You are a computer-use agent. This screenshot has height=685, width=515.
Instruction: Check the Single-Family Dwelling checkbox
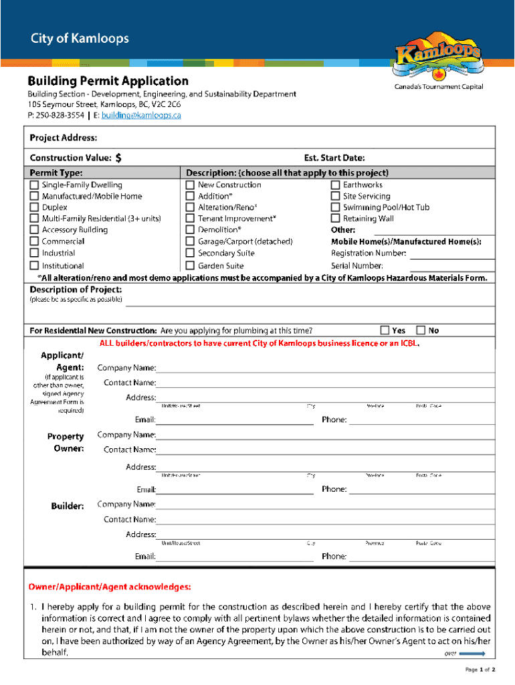[34, 185]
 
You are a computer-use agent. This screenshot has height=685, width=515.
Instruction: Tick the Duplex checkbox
[34, 207]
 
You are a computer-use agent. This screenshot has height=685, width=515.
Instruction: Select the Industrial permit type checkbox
[34, 253]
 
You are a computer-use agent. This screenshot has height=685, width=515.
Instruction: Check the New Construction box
[191, 185]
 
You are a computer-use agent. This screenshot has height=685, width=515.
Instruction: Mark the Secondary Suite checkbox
[191, 253]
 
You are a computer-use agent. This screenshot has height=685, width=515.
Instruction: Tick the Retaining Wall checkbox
[336, 219]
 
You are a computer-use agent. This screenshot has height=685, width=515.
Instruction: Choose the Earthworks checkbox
[336, 185]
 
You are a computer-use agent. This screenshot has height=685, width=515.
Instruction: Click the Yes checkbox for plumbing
[385, 330]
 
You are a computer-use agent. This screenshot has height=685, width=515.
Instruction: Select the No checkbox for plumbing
[421, 330]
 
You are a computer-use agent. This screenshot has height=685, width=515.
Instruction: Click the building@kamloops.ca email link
[136, 116]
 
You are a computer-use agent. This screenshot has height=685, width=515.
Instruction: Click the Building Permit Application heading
[108, 82]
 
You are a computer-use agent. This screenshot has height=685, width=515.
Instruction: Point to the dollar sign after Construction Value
[118, 159]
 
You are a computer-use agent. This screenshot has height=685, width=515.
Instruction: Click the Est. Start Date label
[334, 159]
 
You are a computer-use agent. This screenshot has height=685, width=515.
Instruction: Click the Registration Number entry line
[451, 254]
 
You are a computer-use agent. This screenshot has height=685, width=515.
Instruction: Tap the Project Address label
[63, 138]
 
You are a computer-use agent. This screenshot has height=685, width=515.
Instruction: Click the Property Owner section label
[66, 442]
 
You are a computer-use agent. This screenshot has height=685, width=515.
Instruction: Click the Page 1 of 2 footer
[480, 669]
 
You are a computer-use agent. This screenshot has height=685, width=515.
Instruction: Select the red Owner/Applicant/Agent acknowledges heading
[110, 587]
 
